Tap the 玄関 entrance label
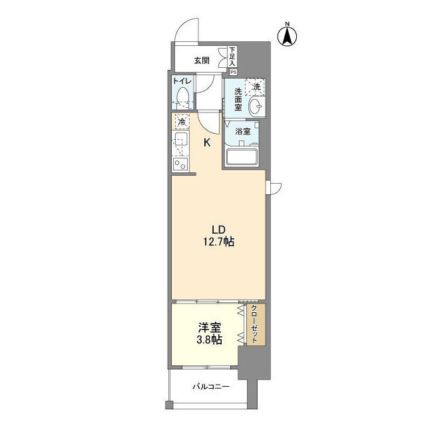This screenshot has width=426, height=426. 202,61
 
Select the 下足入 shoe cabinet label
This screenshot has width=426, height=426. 232,57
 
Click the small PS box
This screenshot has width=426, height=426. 233,73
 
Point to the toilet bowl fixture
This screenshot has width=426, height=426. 182,98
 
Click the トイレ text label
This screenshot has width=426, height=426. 182,81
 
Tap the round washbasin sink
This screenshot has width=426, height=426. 256,106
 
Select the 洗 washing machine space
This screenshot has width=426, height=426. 255,87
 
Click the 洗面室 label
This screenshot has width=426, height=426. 238,99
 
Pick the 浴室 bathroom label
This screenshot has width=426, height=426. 242,132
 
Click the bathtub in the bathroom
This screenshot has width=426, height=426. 242,157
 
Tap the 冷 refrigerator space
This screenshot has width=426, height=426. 182,122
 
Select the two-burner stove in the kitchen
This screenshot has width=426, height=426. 180,164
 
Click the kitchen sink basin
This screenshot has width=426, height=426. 180,140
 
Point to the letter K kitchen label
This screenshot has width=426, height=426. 207,142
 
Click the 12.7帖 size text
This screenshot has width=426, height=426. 219,242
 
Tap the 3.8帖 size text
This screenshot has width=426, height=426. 210,339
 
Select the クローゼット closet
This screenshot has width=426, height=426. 256,325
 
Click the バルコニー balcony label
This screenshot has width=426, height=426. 211,386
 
